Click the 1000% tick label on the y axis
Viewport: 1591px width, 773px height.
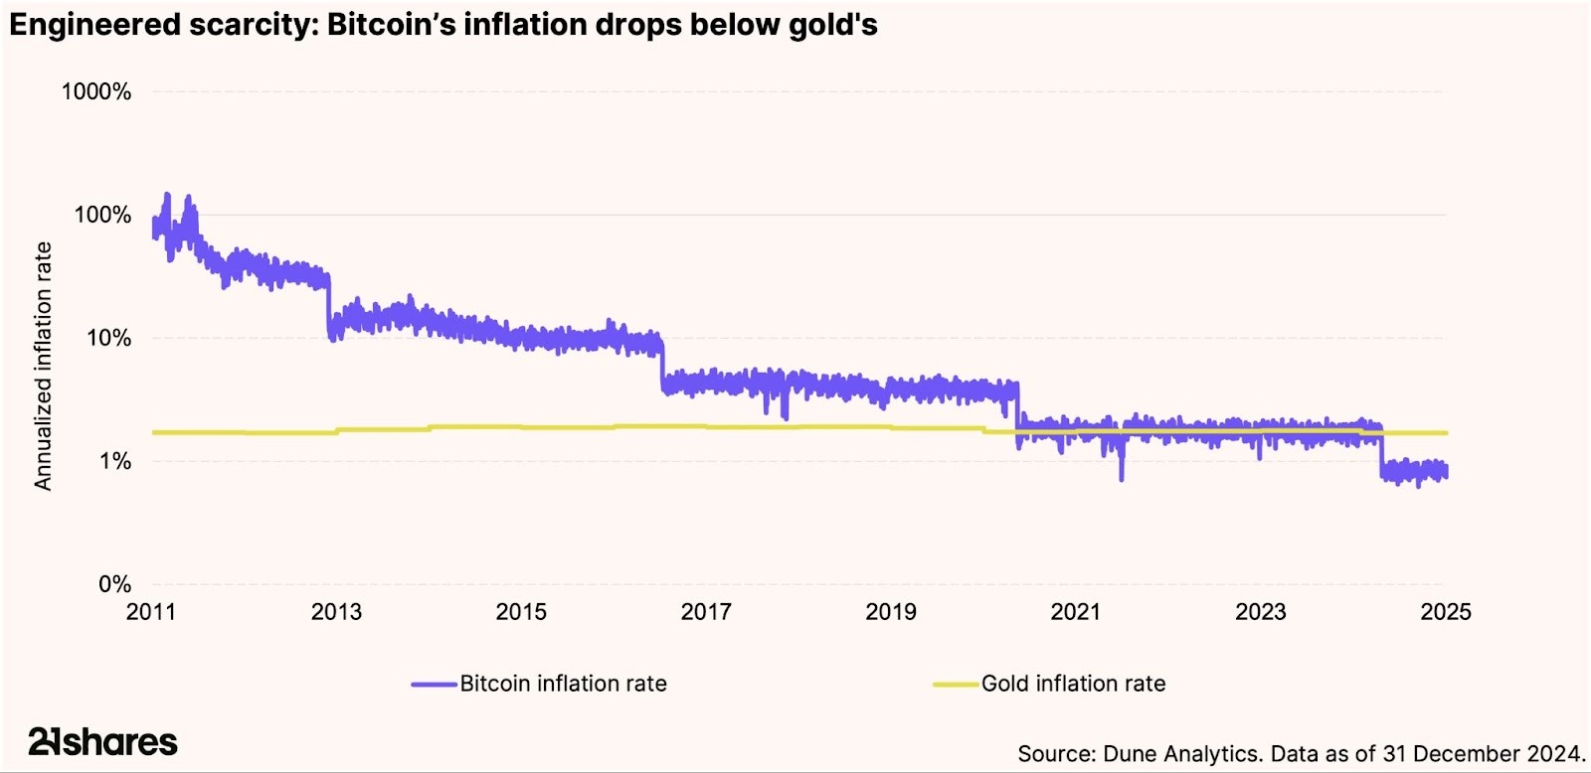(95, 92)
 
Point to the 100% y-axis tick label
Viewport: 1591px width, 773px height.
(101, 216)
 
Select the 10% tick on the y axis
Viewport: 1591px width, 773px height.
(107, 339)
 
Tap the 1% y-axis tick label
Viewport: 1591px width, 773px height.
(113, 462)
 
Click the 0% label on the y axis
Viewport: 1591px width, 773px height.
(114, 585)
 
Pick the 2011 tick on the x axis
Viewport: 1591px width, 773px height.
(151, 612)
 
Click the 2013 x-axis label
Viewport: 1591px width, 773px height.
(336, 612)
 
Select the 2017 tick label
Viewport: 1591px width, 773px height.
(706, 612)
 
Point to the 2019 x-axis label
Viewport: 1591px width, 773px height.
(891, 612)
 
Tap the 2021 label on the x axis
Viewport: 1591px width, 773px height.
(1076, 612)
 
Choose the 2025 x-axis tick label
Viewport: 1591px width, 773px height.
(1446, 612)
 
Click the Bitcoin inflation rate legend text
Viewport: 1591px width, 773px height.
(563, 684)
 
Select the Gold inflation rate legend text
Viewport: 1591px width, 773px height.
(1073, 684)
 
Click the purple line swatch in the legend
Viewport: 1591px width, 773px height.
(435, 685)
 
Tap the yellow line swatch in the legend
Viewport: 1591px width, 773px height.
(956, 685)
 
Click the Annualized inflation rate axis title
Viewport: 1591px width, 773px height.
(43, 366)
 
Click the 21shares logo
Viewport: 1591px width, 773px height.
(103, 741)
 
